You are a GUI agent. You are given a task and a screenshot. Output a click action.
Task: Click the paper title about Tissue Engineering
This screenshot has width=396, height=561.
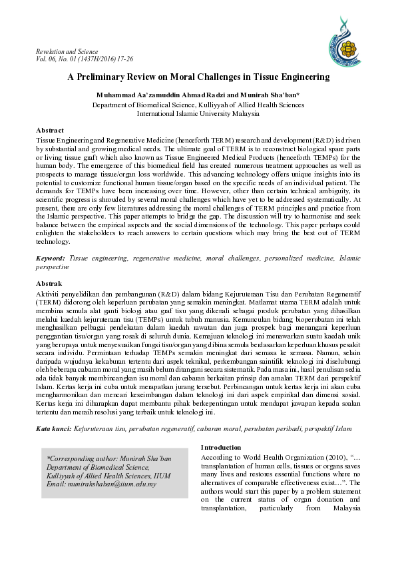pyautogui.click(x=198, y=77)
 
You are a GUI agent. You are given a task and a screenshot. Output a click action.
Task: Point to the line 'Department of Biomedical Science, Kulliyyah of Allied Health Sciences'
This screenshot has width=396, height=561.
pyautogui.click(x=198, y=105)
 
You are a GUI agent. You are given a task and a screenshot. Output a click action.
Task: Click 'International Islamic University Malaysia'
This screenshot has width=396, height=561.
pyautogui.click(x=198, y=113)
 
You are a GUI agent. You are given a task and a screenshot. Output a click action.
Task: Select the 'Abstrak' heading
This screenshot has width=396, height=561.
pyautogui.click(x=48, y=284)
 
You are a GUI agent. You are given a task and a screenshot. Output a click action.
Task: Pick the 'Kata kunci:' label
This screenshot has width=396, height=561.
pyautogui.click(x=54, y=430)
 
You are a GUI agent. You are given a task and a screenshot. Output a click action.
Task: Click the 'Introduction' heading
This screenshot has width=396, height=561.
pyautogui.click(x=222, y=447)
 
